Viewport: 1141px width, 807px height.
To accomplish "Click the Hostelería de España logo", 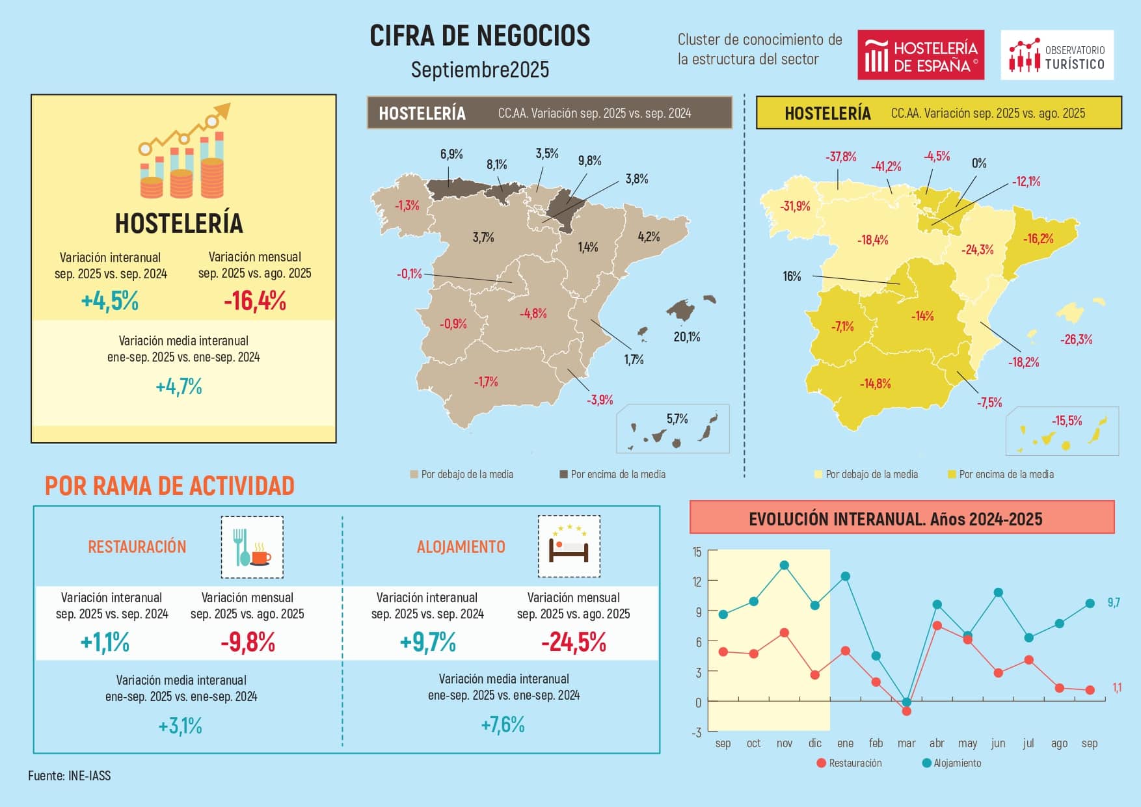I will (920, 55).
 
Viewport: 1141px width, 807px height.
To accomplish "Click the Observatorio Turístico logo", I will (1056, 55).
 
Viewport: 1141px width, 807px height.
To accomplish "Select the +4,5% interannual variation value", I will (110, 301).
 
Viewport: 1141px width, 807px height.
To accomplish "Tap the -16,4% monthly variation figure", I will (254, 301).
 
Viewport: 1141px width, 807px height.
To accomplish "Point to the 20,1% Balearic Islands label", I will (687, 337).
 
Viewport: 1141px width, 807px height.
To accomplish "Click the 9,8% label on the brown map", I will (589, 161).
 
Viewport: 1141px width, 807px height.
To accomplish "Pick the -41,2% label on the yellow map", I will (886, 166).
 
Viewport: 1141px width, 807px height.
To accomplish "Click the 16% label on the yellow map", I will (792, 276).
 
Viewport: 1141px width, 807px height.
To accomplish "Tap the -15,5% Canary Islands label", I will (1067, 421).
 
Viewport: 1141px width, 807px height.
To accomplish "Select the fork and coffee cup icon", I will (252, 547).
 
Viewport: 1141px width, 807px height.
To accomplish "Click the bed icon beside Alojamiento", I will (569, 547).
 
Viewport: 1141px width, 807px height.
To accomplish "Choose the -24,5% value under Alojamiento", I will (573, 642).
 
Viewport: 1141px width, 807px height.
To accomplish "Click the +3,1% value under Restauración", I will (180, 726).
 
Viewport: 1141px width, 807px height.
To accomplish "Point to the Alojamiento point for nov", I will (784, 565).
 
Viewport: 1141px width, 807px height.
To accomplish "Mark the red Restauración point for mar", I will (906, 711).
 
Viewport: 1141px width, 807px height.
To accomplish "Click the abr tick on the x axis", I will (937, 743).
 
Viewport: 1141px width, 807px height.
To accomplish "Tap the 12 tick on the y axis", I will (697, 581).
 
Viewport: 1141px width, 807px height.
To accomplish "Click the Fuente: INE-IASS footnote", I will (69, 776).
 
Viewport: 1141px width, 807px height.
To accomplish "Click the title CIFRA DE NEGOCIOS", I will (479, 36).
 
